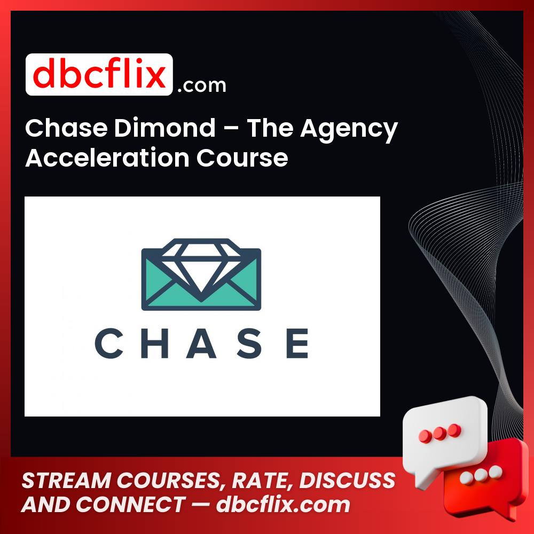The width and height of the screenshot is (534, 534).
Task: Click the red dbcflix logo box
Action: tap(99, 75)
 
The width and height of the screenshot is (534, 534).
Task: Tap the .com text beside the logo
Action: tap(202, 85)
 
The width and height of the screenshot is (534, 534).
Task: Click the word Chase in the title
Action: tap(59, 129)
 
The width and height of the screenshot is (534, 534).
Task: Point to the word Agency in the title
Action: tap(349, 130)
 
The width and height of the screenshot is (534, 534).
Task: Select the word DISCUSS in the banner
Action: tap(347, 481)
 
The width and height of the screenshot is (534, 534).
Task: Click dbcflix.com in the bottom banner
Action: tap(283, 505)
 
